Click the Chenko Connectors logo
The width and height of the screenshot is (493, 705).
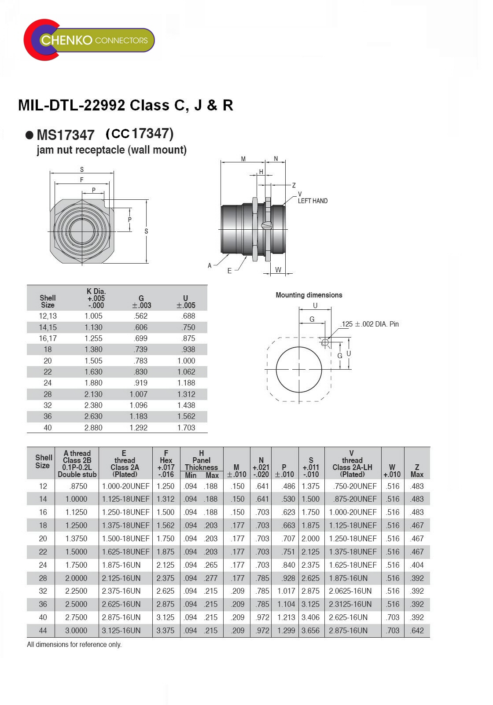point(89,40)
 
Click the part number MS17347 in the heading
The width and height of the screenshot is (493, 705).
point(66,135)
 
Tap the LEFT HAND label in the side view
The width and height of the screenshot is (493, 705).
point(313,201)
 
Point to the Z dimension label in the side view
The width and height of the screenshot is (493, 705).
point(294,185)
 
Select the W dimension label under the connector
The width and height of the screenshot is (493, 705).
point(278,270)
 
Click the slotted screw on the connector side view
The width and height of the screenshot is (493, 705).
point(266,225)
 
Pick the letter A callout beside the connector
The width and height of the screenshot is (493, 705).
point(210,266)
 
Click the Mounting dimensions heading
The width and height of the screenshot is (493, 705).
point(309,295)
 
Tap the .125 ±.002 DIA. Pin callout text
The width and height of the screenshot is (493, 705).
point(370,324)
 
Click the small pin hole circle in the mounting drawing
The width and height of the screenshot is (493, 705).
point(324,342)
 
